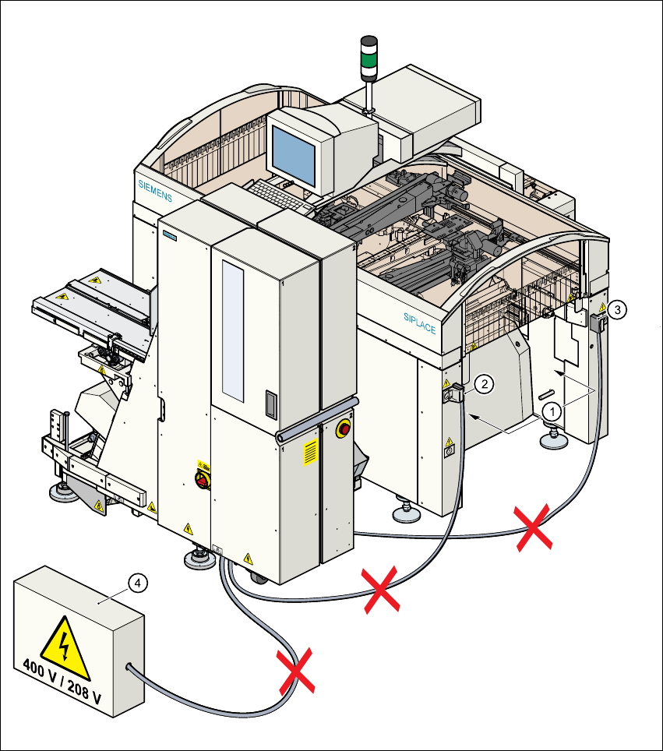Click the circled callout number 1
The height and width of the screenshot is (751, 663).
click(x=551, y=408)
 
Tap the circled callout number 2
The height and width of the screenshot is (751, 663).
click(x=485, y=383)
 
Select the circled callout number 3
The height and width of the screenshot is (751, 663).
click(x=616, y=309)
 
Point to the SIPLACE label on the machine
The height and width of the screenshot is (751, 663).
click(x=419, y=322)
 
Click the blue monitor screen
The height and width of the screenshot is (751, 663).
click(x=293, y=153)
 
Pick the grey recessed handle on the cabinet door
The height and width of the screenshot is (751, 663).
click(x=270, y=404)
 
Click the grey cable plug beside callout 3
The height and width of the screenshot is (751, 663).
click(x=599, y=322)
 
